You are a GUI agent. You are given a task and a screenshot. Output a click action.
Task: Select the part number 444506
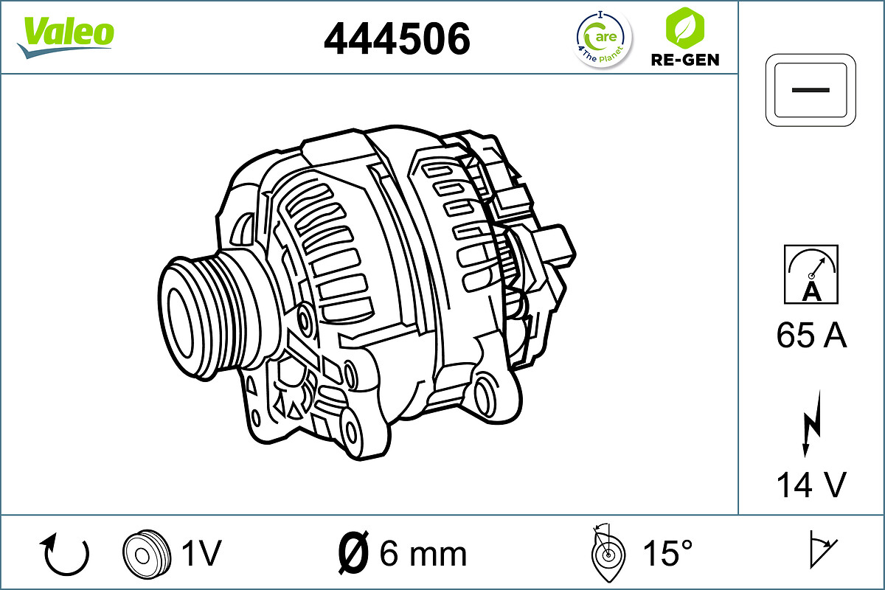397,38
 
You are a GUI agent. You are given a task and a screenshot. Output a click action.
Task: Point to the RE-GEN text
684,60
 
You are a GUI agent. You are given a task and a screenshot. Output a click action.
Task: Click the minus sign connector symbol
811,88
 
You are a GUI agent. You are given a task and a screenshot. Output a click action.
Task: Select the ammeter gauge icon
811,274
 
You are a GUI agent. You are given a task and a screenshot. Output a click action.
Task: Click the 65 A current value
811,336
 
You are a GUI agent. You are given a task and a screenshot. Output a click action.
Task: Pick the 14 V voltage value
811,485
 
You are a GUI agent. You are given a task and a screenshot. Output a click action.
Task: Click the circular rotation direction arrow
66,555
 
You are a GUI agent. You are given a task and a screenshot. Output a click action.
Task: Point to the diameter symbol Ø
353,553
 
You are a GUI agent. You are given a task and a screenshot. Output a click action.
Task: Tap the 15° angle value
666,553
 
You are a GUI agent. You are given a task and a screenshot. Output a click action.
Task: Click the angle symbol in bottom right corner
821,550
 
